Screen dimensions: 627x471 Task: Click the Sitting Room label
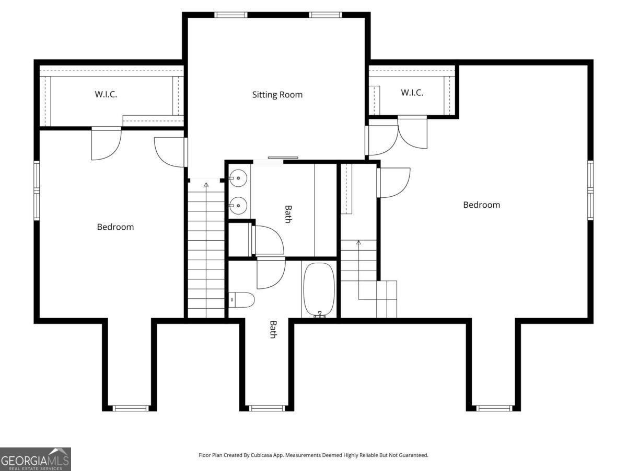[x=277, y=95]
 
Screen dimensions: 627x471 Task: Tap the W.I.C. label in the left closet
[x=106, y=94]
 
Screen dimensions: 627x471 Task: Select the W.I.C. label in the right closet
[x=412, y=93]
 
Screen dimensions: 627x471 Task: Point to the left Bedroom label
[x=115, y=227]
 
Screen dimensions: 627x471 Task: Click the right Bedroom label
[x=481, y=205]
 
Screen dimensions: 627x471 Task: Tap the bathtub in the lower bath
[x=319, y=290]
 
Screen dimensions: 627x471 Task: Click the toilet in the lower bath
[x=241, y=300]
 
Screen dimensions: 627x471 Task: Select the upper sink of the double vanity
[x=238, y=178]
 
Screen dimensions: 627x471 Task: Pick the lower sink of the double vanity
[x=238, y=205]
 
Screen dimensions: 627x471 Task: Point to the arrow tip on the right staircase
[x=358, y=241]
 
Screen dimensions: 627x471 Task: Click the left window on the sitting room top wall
[x=231, y=15]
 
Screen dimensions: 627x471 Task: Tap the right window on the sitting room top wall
[x=326, y=15]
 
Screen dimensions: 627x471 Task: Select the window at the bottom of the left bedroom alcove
[x=131, y=408]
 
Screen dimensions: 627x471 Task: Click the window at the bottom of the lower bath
[x=268, y=408]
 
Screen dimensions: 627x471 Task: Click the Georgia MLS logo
[x=36, y=459]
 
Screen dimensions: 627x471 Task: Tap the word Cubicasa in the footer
[x=262, y=455]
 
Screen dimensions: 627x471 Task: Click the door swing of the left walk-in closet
[x=107, y=143]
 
